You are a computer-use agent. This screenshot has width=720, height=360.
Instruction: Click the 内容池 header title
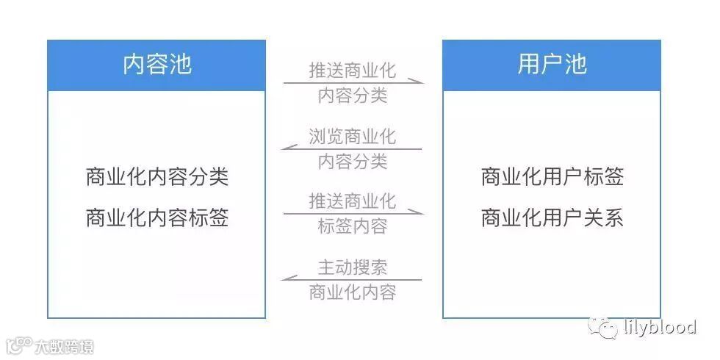(156, 65)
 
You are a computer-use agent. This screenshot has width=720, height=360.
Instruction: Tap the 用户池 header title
(552, 65)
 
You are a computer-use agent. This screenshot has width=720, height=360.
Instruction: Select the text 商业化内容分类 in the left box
(156, 177)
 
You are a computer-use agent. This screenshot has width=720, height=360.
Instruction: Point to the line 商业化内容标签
(156, 218)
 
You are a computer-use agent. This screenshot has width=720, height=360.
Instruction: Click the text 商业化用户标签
(552, 177)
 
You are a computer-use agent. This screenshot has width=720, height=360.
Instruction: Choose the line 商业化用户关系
(552, 218)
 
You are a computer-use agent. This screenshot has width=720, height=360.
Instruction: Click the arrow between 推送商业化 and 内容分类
(353, 83)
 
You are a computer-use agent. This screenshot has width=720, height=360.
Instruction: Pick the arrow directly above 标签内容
(353, 213)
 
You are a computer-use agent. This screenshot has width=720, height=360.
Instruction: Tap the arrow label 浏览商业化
(353, 137)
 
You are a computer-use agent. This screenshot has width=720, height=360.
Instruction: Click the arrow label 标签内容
(353, 226)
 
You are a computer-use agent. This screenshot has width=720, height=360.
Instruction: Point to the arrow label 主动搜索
(353, 266)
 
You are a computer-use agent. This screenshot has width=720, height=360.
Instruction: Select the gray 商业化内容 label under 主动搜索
(353, 292)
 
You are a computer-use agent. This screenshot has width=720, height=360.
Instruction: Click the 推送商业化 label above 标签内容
(353, 201)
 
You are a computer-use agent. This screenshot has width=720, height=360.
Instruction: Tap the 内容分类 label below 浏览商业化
(353, 162)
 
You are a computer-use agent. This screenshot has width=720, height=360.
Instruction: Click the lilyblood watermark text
(658, 326)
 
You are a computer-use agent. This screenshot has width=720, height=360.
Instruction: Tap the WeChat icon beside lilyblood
(607, 327)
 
